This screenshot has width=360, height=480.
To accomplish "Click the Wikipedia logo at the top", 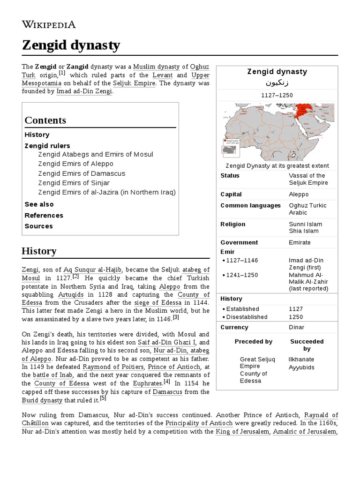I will click(x=48, y=24).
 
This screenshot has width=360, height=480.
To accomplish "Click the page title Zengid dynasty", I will click(x=71, y=45).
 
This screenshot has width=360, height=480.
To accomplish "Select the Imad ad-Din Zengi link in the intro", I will click(x=84, y=91).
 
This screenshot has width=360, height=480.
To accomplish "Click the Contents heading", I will click(x=45, y=120).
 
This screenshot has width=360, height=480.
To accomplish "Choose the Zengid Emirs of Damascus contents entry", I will click(x=82, y=173).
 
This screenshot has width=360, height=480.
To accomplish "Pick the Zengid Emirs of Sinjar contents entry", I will click(x=74, y=183).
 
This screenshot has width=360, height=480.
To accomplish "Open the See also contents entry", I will click(x=39, y=204).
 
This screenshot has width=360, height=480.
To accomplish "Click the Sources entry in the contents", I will click(x=38, y=226).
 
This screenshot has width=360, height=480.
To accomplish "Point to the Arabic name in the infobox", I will click(x=277, y=83).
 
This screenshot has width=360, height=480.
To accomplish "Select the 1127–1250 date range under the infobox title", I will click(x=277, y=95).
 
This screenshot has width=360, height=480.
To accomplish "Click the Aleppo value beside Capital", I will click(x=299, y=194).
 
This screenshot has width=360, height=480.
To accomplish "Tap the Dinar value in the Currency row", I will click(x=296, y=327).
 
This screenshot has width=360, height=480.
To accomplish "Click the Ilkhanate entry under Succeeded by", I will click(x=301, y=360).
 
